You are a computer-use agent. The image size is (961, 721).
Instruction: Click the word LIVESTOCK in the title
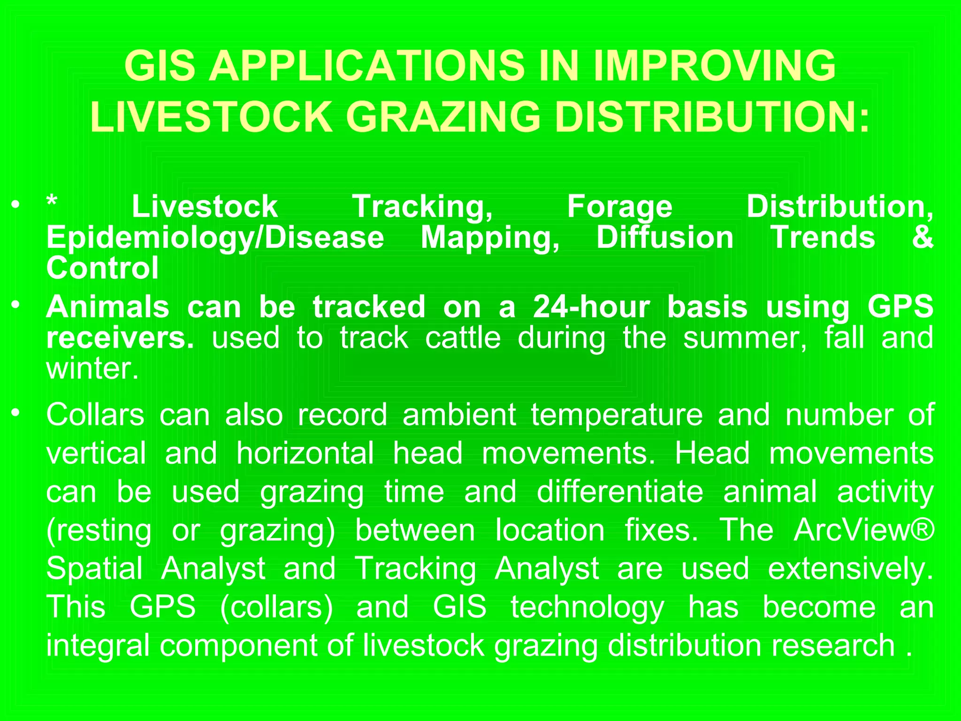[211, 117]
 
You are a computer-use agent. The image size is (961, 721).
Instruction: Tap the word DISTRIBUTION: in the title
[712, 117]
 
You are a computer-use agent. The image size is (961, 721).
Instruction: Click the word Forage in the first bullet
[619, 207]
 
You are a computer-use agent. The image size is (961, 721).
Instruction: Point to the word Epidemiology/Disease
[215, 238]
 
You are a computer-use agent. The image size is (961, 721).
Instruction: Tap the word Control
[102, 268]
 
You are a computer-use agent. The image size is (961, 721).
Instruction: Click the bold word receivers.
[120, 338]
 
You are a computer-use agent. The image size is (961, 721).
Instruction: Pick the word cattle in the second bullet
[463, 338]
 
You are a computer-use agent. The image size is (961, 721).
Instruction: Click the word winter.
[92, 369]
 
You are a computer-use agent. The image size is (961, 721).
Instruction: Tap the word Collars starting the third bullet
[95, 415]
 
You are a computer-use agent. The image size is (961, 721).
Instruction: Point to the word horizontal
[305, 453]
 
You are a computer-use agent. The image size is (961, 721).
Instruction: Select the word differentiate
[619, 492]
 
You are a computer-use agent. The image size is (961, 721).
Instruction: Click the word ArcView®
[863, 530]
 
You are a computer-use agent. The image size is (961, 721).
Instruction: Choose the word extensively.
[850, 569]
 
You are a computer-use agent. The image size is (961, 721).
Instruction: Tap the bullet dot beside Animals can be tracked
[16, 305]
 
